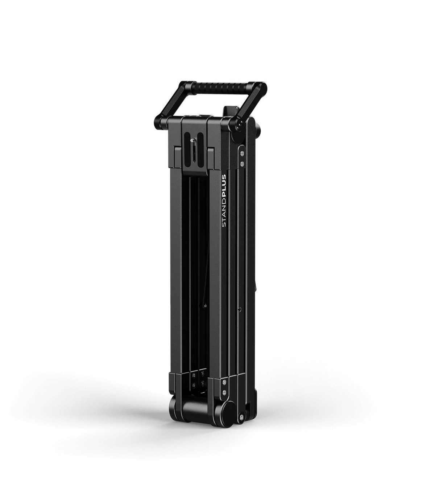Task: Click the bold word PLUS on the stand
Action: (x=224, y=183)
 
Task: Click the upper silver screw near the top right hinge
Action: (x=242, y=154)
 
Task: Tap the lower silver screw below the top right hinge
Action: (x=242, y=164)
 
